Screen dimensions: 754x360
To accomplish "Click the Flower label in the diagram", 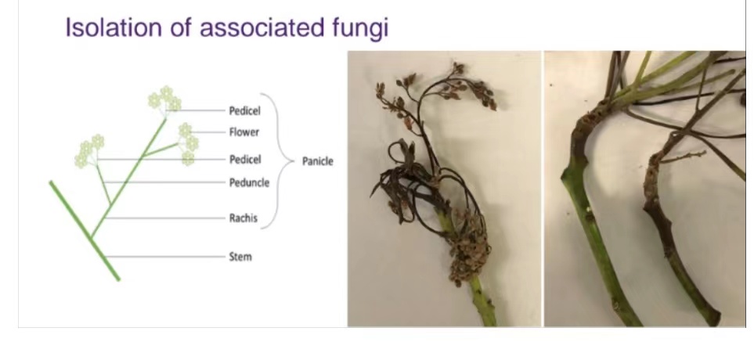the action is pyautogui.click(x=244, y=131).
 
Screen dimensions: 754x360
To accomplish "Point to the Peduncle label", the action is pyautogui.click(x=249, y=182).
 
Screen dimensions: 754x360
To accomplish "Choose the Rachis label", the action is pyautogui.click(x=243, y=218).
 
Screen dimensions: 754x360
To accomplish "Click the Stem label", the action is pyautogui.click(x=240, y=257).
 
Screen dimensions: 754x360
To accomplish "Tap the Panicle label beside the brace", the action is pyautogui.click(x=317, y=161).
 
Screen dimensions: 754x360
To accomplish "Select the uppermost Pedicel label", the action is pyautogui.click(x=245, y=111).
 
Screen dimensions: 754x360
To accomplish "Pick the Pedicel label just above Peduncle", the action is pyautogui.click(x=245, y=159).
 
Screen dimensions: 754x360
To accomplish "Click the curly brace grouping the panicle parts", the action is pyautogui.click(x=278, y=160).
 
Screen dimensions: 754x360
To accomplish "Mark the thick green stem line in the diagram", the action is pyautogui.click(x=85, y=231).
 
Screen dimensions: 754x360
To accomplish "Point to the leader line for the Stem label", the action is pyautogui.click(x=165, y=257).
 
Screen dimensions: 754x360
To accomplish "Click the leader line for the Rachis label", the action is pyautogui.click(x=165, y=218).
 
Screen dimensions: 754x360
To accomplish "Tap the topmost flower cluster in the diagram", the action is pyautogui.click(x=165, y=99).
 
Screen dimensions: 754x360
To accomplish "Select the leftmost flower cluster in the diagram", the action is pyautogui.click(x=89, y=151).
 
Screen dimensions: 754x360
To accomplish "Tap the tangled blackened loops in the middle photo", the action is pyautogui.click(x=418, y=188).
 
